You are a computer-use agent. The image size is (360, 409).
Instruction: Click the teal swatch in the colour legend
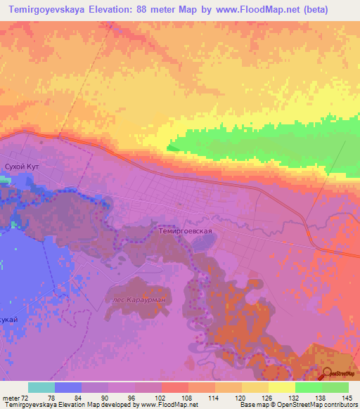pyautogui.click(x=41, y=387)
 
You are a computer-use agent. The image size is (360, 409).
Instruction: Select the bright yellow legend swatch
pyautogui.click(x=281, y=387)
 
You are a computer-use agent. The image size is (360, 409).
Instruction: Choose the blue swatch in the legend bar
pyautogui.click(x=68, y=387)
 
